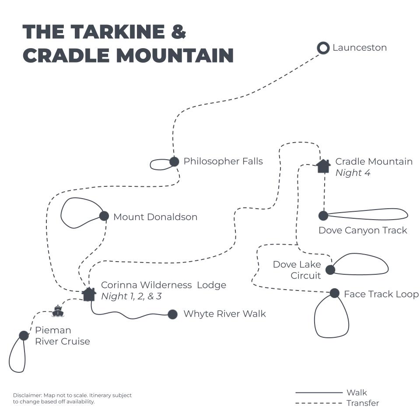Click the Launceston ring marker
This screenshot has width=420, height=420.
click(323, 48)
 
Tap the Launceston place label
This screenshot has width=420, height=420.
click(360, 48)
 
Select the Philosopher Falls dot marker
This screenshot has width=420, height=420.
click(174, 161)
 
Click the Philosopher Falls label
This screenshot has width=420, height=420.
click(223, 161)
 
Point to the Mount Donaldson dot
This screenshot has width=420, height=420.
click(104, 216)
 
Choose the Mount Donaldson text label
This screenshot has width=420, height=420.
click(155, 217)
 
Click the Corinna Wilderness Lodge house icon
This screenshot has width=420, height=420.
click(89, 294)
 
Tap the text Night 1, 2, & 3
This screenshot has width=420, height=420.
click(131, 296)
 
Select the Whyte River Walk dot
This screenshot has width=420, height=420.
click(173, 314)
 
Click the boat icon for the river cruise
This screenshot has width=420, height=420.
click(58, 311)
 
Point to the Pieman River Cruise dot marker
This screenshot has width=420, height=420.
click(24, 336)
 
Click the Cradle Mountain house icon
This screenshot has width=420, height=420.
click(323, 166)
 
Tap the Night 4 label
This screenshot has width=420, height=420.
click(353, 173)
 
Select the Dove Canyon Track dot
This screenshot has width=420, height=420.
click(323, 216)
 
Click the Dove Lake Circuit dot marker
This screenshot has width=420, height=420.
click(330, 270)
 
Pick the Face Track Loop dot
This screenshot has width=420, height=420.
click(335, 293)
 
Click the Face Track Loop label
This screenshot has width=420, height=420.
click(381, 294)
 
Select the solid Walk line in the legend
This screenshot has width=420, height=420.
click(318, 392)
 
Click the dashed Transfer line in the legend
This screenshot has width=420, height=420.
click(318, 403)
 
